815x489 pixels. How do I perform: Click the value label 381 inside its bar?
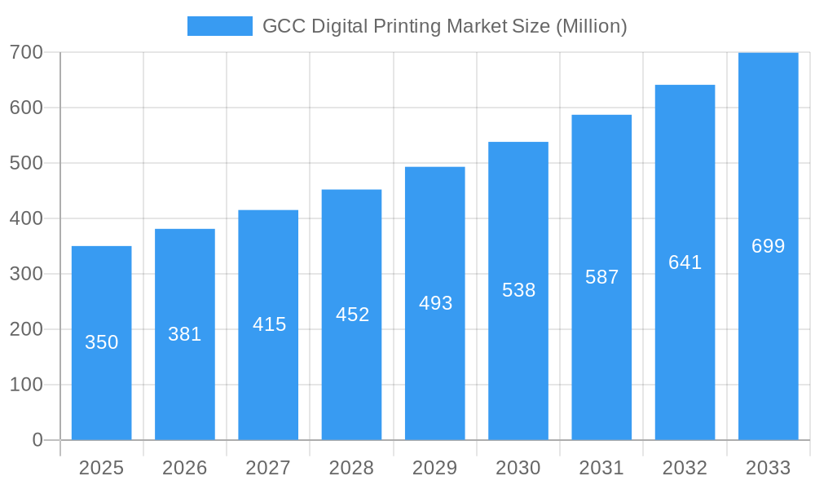(x=185, y=334)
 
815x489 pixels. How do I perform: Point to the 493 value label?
(x=435, y=303)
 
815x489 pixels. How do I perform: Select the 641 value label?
(x=685, y=262)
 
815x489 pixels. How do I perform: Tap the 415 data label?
(x=269, y=324)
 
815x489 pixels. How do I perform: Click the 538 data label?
(x=518, y=290)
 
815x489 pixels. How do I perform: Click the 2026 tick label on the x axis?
(x=185, y=468)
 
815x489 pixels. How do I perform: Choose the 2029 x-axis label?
(x=434, y=468)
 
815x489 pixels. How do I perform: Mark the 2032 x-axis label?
(x=685, y=468)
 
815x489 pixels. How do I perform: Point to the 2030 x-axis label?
(x=518, y=468)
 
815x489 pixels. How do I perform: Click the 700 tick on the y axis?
(x=26, y=52)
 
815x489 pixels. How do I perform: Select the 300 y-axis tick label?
(x=26, y=274)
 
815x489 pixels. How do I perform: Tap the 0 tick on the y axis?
(x=37, y=440)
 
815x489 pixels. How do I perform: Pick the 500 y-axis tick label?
(x=26, y=163)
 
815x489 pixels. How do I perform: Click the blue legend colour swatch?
(x=220, y=26)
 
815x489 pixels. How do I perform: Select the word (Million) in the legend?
(x=591, y=26)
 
